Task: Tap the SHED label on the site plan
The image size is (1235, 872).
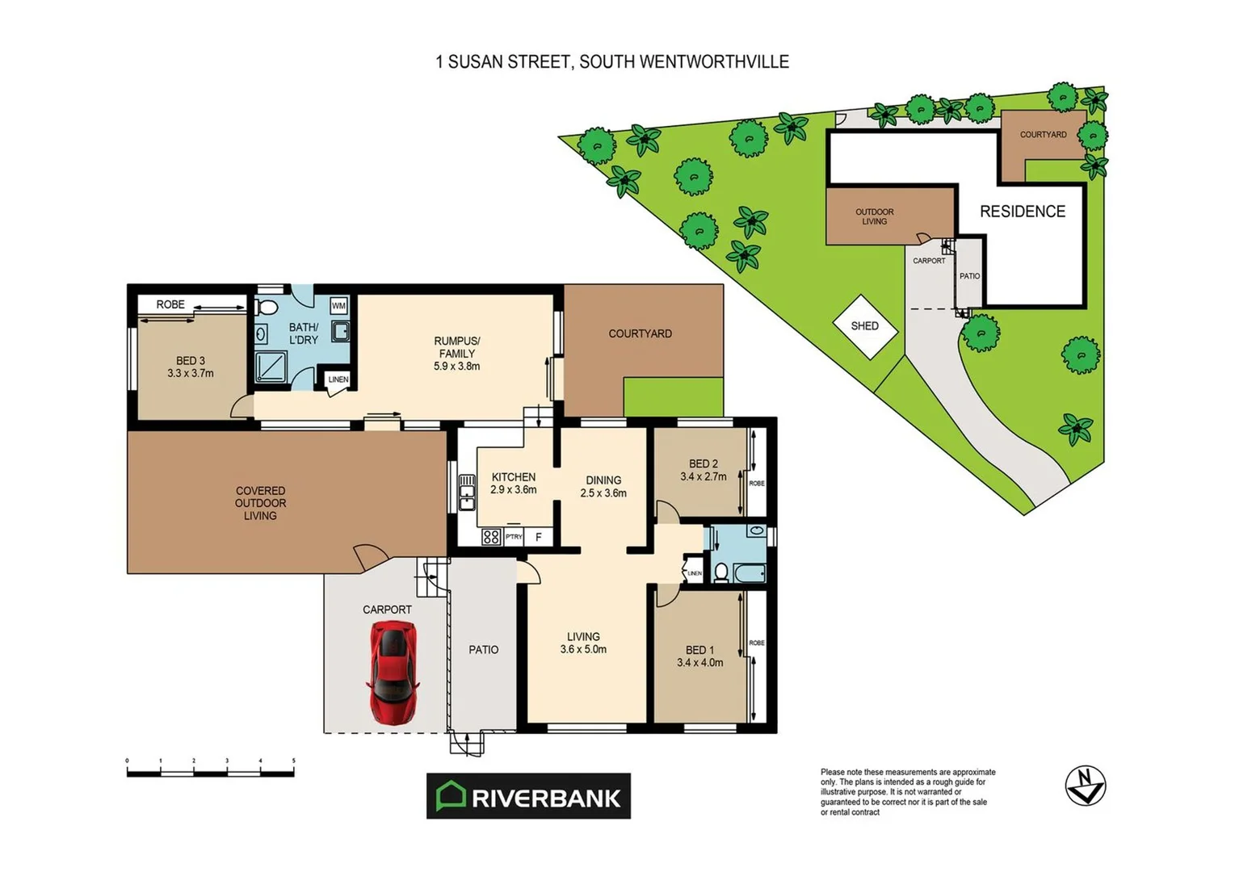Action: tap(864, 326)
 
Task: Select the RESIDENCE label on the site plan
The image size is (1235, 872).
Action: tap(1023, 212)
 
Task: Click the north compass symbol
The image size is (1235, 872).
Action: tap(1085, 786)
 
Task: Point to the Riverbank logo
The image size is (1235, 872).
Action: tap(528, 797)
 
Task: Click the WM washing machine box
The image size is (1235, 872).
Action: tap(338, 306)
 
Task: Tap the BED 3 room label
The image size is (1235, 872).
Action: tap(191, 361)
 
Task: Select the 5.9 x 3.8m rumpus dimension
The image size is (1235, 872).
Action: tap(457, 367)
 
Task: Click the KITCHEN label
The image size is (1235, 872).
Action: tap(514, 477)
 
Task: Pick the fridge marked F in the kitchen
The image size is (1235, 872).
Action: tap(539, 537)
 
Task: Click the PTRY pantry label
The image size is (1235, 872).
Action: tap(514, 537)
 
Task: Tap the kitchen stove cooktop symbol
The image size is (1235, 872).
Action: tap(491, 536)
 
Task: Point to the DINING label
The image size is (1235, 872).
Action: tap(603, 480)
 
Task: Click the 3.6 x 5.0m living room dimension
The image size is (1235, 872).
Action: tap(583, 649)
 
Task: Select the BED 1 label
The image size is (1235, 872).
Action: tap(699, 650)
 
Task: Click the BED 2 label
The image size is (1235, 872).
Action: tap(703, 464)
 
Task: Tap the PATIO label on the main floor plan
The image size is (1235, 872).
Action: tap(484, 650)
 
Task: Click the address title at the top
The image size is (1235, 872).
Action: tap(612, 62)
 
